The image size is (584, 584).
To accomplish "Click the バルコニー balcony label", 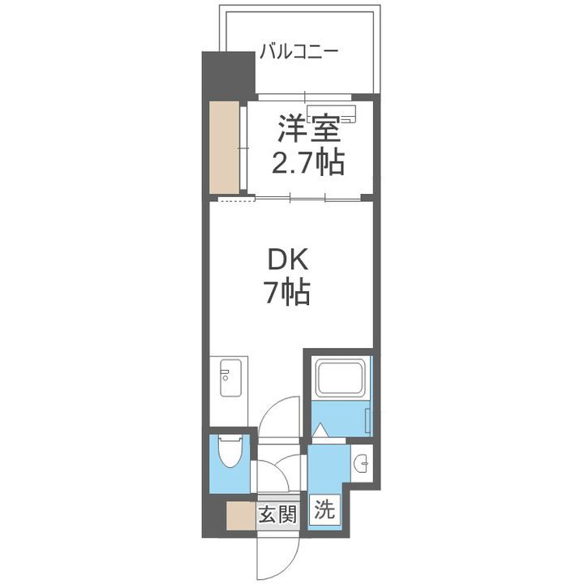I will (298, 54).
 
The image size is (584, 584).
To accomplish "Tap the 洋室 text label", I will (307, 129).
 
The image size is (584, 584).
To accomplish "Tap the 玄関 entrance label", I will (277, 513).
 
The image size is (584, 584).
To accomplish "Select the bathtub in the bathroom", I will (340, 378).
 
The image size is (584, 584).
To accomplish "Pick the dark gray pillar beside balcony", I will (227, 75).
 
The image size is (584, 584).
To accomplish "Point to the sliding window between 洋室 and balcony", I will (308, 96).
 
